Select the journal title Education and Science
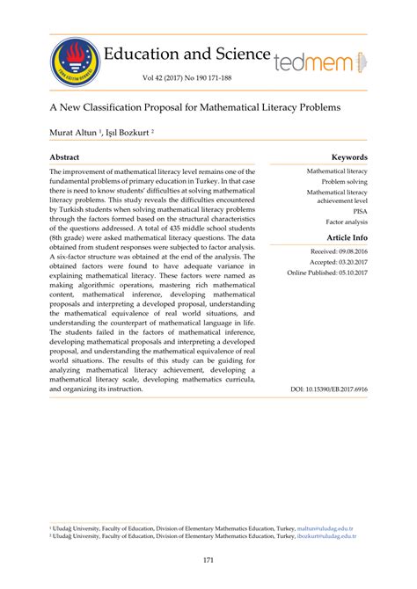click(x=187, y=53)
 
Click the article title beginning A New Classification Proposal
click(x=194, y=105)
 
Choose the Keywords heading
click(x=348, y=156)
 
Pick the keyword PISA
click(x=360, y=212)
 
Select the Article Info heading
click(x=347, y=238)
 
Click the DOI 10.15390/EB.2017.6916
click(x=329, y=389)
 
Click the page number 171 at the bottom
click(x=208, y=560)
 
